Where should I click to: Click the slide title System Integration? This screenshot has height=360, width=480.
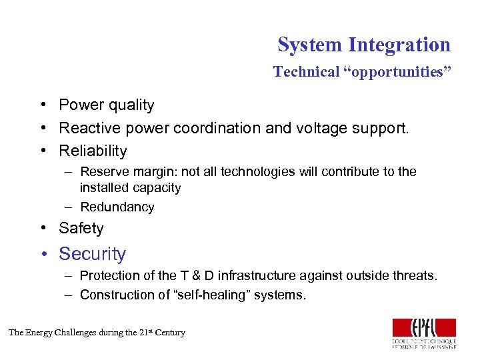click(x=364, y=45)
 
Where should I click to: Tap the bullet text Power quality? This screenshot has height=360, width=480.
click(x=107, y=105)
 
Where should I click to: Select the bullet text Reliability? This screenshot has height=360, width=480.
click(x=93, y=151)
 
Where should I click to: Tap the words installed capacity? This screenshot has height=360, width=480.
click(x=130, y=188)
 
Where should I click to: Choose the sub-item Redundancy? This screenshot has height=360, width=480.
click(x=117, y=207)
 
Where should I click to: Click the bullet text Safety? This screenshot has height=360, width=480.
click(x=81, y=229)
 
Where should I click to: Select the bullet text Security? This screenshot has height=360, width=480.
click(x=92, y=254)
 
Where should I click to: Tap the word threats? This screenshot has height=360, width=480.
click(x=415, y=276)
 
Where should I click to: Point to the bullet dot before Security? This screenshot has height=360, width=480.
click(x=43, y=255)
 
